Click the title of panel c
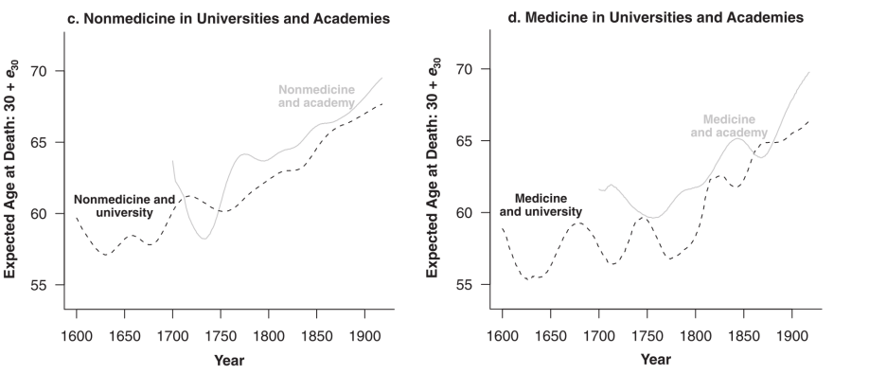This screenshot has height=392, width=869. tap(228, 18)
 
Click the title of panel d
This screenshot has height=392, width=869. tap(656, 17)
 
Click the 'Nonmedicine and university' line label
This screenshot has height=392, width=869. tap(124, 205)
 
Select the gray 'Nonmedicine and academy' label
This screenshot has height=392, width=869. tap(316, 96)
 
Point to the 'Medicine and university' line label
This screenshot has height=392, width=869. tap(541, 205)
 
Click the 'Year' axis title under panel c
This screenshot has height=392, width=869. tap(229, 361)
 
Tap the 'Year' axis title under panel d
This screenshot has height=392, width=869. tap(656, 359)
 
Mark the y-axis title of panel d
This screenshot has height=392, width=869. tap(434, 168)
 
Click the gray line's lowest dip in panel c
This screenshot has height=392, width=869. tap(204, 239)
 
